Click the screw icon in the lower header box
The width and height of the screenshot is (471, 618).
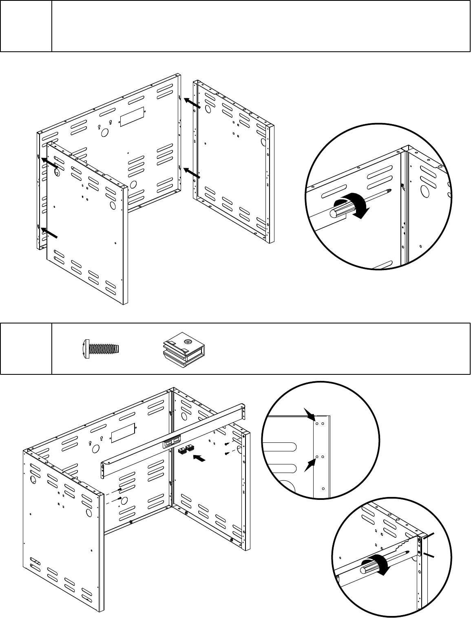(100, 349)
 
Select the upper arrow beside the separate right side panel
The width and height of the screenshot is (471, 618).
(192, 103)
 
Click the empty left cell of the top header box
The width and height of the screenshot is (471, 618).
(26, 26)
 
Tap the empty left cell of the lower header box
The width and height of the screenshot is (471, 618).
(26, 349)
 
